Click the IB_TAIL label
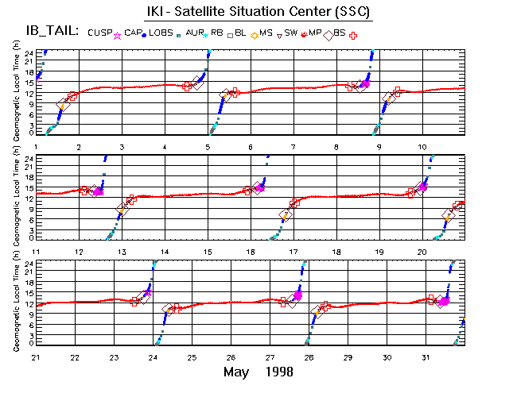tap(47, 32)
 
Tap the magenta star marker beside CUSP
tap(118, 35)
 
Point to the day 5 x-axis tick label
tap(208, 146)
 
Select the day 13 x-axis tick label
tap(122, 252)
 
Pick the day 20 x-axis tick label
tap(422, 252)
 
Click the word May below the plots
tap(239, 372)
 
